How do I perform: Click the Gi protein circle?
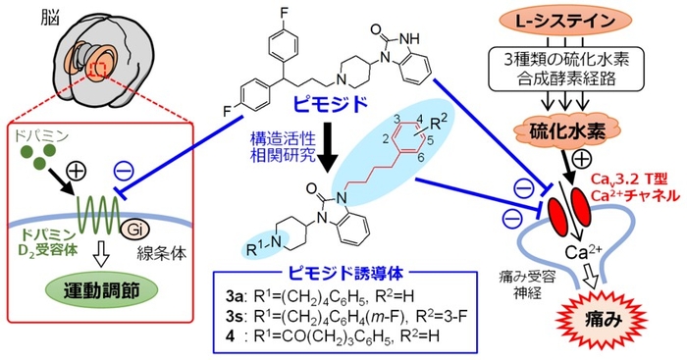136,230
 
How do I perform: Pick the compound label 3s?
253,317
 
